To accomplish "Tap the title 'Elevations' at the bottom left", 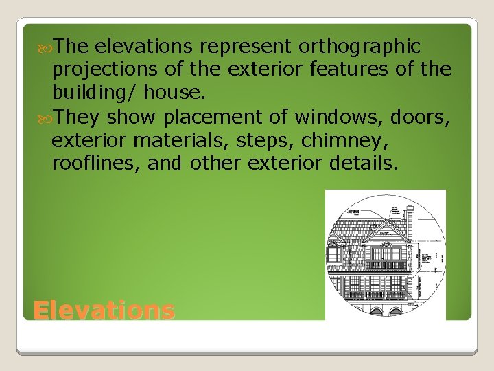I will point(104,311).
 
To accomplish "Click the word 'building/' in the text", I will point(91,93).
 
